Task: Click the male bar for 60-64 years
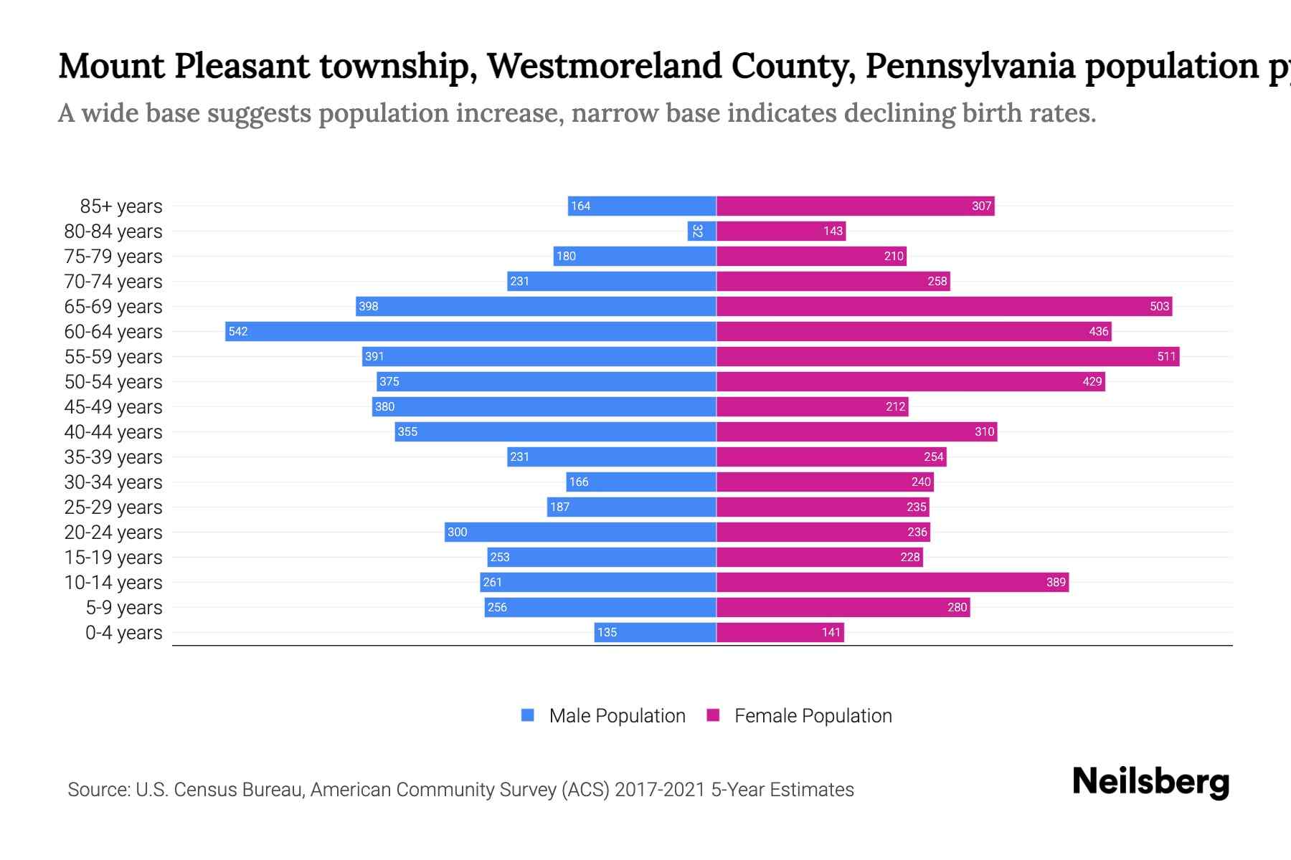(x=470, y=331)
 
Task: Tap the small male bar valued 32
(x=701, y=231)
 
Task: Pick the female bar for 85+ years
(x=855, y=206)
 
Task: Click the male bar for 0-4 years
(x=655, y=632)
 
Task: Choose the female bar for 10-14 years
(x=892, y=582)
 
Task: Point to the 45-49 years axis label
(x=113, y=406)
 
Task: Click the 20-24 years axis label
(x=113, y=532)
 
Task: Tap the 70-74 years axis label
(x=113, y=281)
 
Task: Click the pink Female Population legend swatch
(x=713, y=715)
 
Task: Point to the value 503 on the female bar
(x=1159, y=306)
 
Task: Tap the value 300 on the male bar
(x=457, y=532)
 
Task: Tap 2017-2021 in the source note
(x=660, y=790)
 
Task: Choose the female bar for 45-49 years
(x=812, y=406)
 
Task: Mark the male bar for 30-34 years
(x=641, y=482)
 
